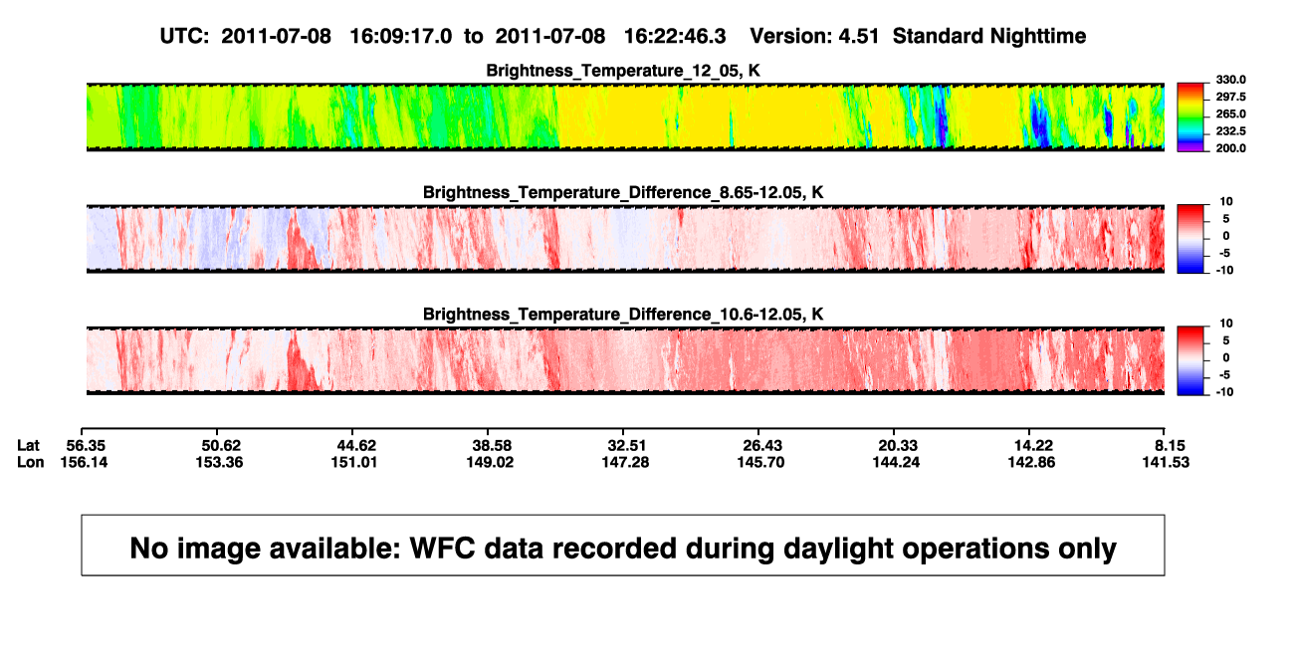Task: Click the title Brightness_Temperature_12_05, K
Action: (623, 71)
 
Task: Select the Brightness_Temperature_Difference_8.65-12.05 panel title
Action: (623, 192)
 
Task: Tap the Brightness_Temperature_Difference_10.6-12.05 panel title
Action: (623, 315)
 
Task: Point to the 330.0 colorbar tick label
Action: (1230, 80)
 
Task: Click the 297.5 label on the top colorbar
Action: (1230, 97)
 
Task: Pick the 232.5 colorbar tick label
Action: (1230, 131)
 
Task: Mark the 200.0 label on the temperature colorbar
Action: (1230, 148)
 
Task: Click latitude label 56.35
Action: (86, 446)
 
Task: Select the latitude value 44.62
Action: (356, 446)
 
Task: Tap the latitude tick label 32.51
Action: (627, 446)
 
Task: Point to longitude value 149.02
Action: (490, 462)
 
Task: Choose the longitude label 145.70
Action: (760, 462)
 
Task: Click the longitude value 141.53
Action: (1166, 462)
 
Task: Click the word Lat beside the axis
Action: (28, 446)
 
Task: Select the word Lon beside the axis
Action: (31, 462)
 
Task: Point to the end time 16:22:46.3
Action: (675, 37)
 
